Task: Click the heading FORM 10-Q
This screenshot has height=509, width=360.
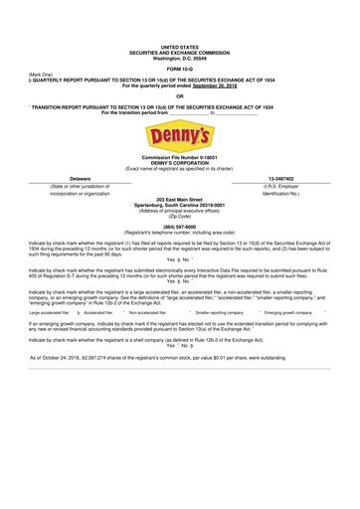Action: click(180, 68)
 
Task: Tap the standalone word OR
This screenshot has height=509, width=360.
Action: click(180, 95)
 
